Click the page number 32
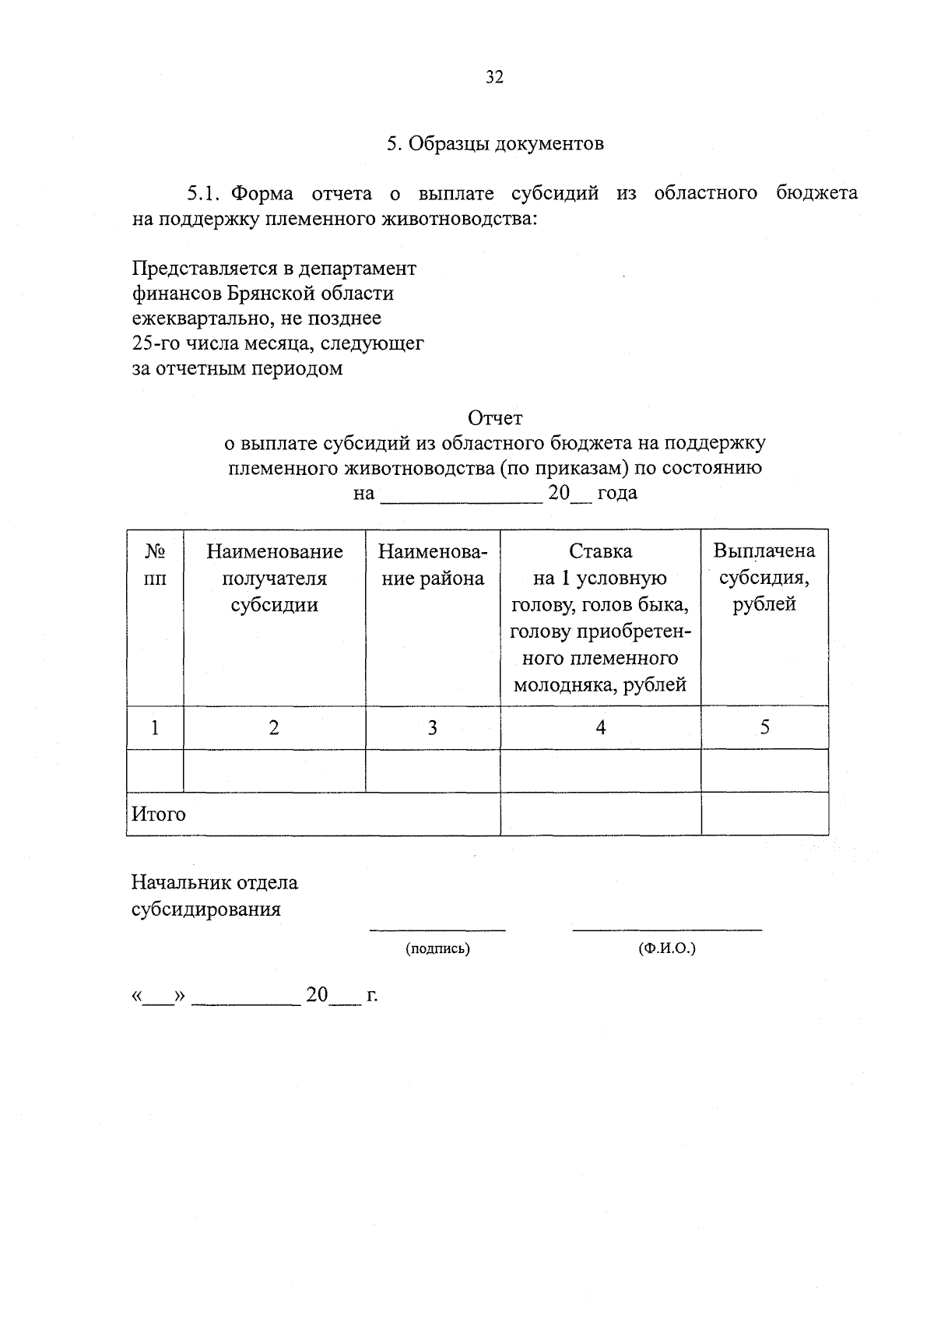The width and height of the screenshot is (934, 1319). (x=495, y=77)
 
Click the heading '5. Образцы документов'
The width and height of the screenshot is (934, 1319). (x=495, y=144)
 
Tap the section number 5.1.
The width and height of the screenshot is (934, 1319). (x=205, y=193)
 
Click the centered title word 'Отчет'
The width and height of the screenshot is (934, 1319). (x=495, y=418)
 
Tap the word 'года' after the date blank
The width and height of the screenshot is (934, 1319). (x=617, y=493)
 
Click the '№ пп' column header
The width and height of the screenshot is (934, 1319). (x=155, y=565)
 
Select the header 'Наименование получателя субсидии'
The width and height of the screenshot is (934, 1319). (x=274, y=578)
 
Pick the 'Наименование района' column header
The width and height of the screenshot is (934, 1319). (x=433, y=565)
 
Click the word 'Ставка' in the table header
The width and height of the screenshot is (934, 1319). (x=600, y=551)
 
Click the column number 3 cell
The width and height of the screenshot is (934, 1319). (x=433, y=727)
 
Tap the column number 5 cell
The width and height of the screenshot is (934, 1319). (x=764, y=727)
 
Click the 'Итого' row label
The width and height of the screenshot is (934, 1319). (x=159, y=814)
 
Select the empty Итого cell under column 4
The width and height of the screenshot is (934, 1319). (x=600, y=814)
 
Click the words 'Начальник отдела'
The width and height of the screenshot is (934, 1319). (x=215, y=883)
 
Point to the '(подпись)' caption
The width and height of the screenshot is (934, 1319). (x=437, y=949)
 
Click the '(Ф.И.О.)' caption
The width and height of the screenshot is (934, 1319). (x=666, y=949)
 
